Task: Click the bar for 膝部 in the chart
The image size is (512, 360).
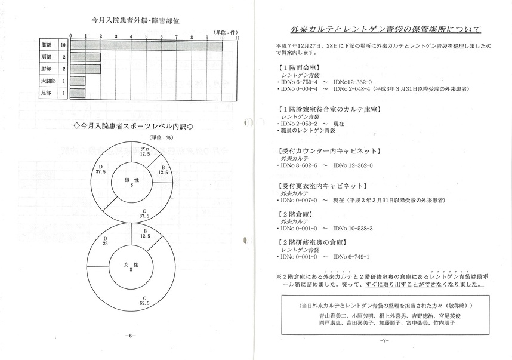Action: click(147, 46)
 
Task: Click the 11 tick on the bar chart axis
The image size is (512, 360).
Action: click(238, 37)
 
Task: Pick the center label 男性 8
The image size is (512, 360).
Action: click(132, 182)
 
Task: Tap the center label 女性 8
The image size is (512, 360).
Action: click(132, 266)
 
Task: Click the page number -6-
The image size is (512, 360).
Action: click(131, 336)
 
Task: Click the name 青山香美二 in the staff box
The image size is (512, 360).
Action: click(331, 315)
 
